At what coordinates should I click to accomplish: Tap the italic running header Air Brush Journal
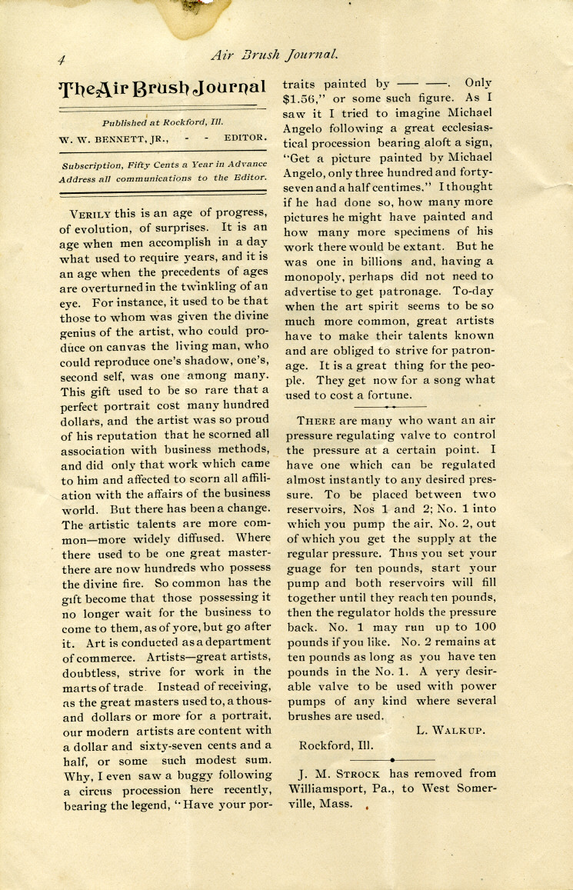tap(275, 54)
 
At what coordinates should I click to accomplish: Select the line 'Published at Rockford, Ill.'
tap(162, 122)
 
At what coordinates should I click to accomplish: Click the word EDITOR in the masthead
tap(245, 139)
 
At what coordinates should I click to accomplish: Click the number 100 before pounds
tap(484, 627)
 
